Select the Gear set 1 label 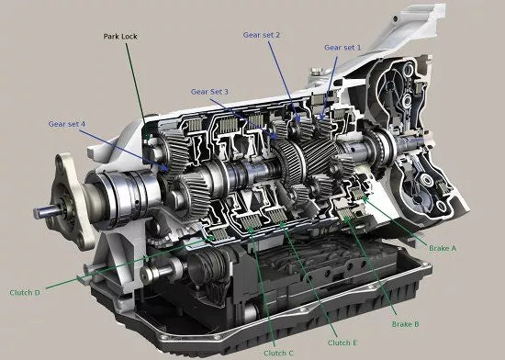pos(342,46)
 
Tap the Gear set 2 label pos(261,35)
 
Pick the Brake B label pos(405,325)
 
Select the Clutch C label pos(277,353)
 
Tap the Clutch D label pos(24,293)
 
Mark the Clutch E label pos(341,343)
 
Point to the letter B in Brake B pos(418,325)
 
